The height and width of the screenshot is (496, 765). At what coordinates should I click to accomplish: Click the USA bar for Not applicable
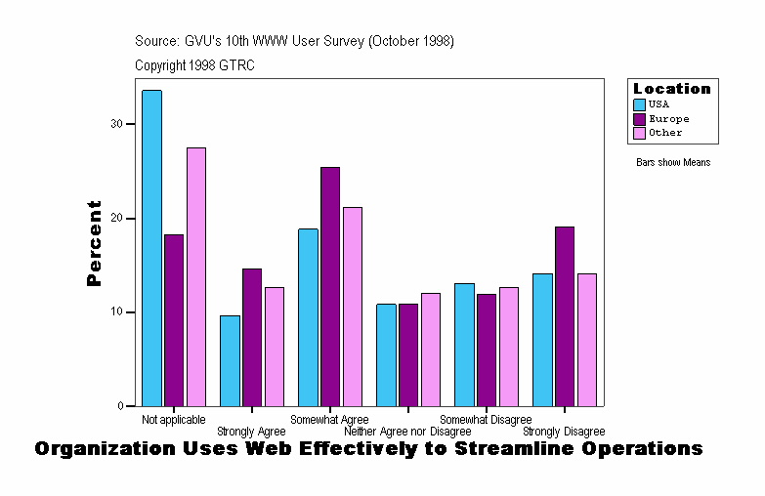[151, 248]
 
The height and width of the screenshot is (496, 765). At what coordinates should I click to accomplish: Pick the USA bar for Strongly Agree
[230, 360]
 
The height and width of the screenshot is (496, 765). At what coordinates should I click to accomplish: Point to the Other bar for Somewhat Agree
[353, 307]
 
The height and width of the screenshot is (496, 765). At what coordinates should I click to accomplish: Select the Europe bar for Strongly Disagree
[565, 316]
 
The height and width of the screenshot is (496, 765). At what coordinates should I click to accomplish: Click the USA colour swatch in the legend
[640, 105]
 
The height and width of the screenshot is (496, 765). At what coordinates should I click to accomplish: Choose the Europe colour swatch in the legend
[640, 119]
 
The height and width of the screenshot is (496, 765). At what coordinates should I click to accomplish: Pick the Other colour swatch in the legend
[640, 133]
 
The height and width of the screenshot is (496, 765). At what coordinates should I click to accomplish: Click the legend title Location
[672, 89]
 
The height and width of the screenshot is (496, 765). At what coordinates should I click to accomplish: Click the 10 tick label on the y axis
[116, 312]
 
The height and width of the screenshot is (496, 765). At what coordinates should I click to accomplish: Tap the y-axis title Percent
[95, 243]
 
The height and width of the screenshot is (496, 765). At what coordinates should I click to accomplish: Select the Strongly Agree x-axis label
[251, 432]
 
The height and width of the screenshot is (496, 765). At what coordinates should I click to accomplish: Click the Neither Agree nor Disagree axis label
[407, 432]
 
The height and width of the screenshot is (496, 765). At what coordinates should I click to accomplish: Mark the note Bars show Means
[673, 163]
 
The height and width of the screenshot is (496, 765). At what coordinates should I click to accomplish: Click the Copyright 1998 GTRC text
[194, 65]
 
